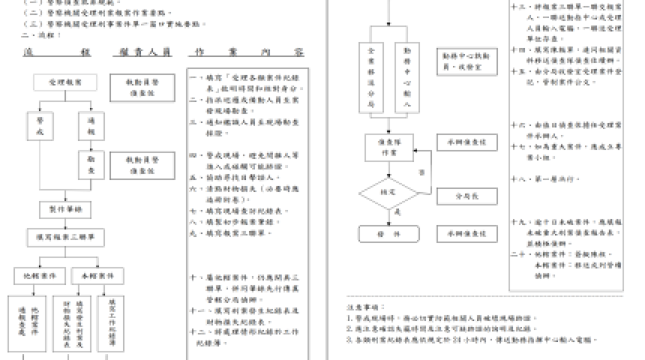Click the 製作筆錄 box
(65, 208)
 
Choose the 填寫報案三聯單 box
(65, 237)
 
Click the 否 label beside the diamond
(421, 172)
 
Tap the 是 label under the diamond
(397, 213)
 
